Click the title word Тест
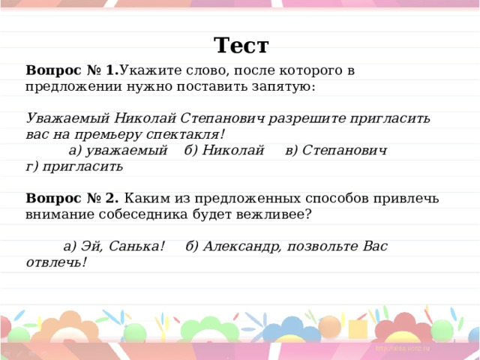click(x=241, y=45)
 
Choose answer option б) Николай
click(x=224, y=150)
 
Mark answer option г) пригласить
click(x=74, y=166)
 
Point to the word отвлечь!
click(x=56, y=262)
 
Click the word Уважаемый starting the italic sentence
click(x=67, y=118)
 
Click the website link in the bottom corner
click(x=402, y=348)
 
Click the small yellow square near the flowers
click(x=357, y=328)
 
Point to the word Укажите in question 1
click(x=148, y=70)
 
